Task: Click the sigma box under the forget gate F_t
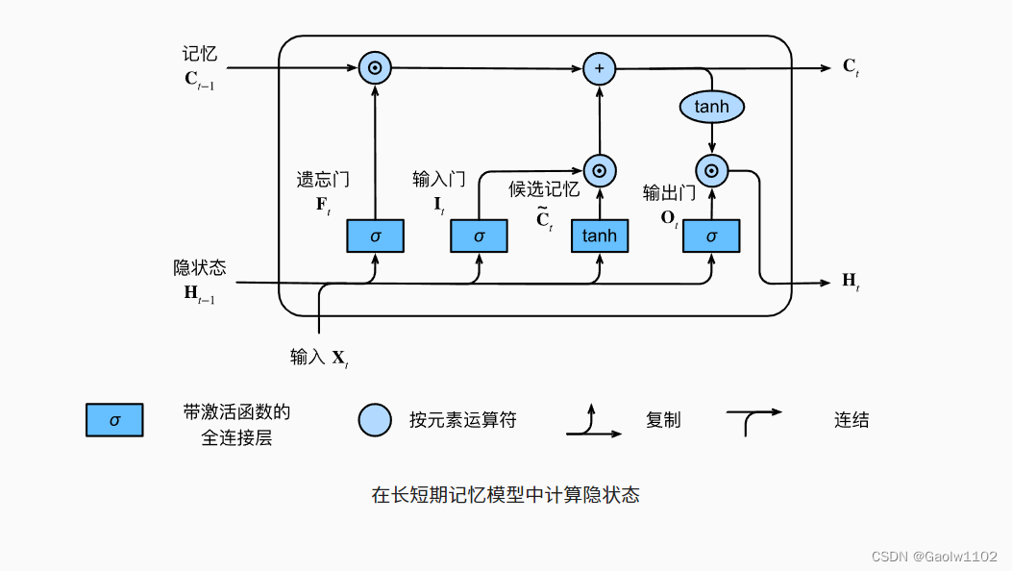click(375, 236)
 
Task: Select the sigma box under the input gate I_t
click(479, 236)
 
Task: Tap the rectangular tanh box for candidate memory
click(600, 236)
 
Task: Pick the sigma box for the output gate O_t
click(711, 236)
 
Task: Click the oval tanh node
click(711, 107)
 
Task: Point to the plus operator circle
click(600, 68)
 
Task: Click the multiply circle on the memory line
click(375, 68)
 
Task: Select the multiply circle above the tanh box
click(600, 171)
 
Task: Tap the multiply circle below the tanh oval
click(711, 171)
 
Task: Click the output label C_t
click(851, 67)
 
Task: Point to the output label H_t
click(851, 281)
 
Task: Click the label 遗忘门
click(322, 179)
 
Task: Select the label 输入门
click(439, 179)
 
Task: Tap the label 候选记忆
click(544, 189)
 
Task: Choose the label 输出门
click(669, 193)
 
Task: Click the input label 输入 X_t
click(319, 358)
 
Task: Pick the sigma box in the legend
click(114, 420)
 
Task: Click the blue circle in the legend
click(375, 420)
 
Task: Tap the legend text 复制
click(663, 420)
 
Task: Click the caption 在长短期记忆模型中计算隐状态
click(506, 495)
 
